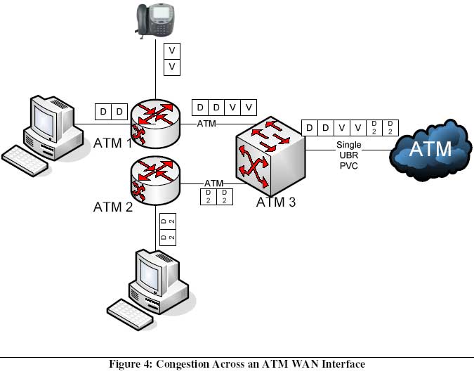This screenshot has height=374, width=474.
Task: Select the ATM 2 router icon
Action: click(155, 179)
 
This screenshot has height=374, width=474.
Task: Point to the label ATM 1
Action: click(113, 143)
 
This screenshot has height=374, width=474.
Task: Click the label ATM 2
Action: click(113, 207)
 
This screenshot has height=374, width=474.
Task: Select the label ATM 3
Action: click(276, 202)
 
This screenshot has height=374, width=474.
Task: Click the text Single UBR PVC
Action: click(349, 155)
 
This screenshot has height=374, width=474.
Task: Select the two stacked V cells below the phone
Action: click(171, 59)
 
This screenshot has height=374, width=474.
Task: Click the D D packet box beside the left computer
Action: click(112, 112)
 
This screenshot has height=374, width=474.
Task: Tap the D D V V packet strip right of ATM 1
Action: click(225, 108)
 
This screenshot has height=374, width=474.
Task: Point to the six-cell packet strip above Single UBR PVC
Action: click(350, 128)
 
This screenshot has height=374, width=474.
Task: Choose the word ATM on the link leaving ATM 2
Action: click(213, 183)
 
